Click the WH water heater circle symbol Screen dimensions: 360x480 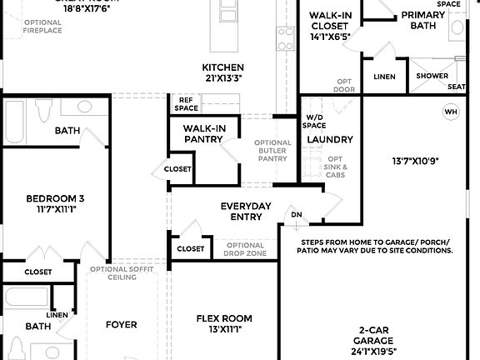(451, 112)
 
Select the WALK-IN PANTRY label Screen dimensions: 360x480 (197, 133)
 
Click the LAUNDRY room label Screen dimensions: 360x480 (330, 139)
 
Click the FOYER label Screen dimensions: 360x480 (121, 324)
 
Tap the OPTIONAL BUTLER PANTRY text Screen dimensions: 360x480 (273, 150)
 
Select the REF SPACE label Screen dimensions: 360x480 (186, 104)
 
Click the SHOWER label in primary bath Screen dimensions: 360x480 (432, 76)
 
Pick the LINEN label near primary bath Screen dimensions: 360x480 (384, 77)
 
